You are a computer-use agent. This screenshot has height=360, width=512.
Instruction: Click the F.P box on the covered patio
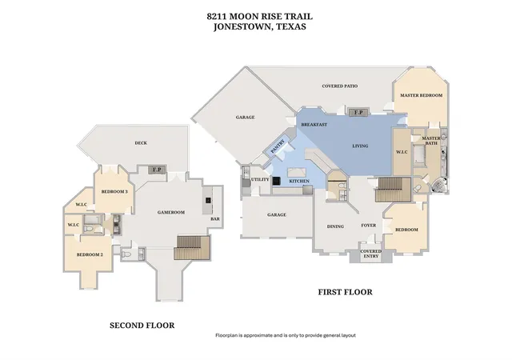pos(358,112)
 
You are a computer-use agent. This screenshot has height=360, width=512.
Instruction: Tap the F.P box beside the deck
pos(157,170)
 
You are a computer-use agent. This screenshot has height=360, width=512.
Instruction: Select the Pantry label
pos(278,146)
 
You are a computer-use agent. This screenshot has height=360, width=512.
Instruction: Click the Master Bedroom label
pos(422,95)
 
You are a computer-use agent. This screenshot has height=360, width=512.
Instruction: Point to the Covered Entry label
pos(370,254)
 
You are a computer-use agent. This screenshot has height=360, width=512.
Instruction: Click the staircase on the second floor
pos(192,247)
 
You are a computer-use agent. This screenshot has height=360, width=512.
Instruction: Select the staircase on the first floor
pos(393,190)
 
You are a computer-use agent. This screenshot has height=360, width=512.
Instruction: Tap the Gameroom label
pos(171,212)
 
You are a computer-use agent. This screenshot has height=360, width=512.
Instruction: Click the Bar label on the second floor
pos(215,219)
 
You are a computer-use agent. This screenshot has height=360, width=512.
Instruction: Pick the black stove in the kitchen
pos(276,181)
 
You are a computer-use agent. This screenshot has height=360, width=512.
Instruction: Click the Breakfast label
pos(314,125)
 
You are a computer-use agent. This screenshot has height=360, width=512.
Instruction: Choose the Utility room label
pos(260,179)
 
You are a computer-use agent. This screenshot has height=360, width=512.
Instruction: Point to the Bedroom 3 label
pos(114,192)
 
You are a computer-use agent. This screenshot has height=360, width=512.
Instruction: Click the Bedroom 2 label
pos(90,254)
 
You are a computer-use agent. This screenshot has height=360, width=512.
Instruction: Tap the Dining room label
pos(335,226)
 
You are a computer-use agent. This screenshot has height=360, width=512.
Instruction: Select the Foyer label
pos(368,226)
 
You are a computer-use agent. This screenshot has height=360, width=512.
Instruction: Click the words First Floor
pos(345,292)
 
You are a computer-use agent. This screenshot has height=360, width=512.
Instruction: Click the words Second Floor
pos(142,326)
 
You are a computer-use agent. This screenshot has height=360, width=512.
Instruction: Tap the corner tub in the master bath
pos(439,186)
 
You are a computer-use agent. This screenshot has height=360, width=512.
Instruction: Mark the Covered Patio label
pos(339,86)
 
